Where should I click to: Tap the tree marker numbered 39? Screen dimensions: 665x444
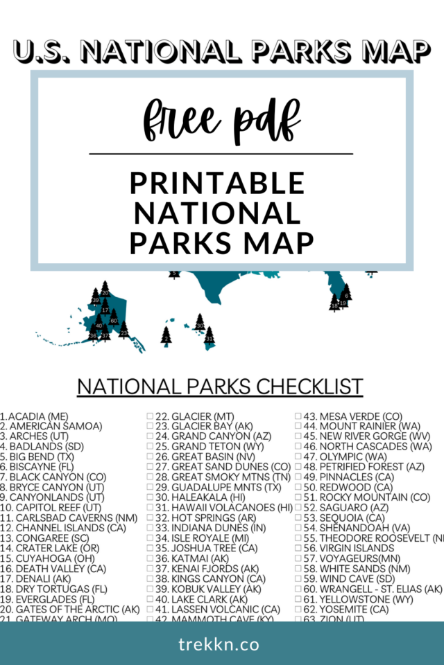96,299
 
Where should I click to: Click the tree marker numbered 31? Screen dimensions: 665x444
209,337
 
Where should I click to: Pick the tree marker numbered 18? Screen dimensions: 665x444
334,303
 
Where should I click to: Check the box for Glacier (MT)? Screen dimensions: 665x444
149,417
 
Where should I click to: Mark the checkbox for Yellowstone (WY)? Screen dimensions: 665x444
298,599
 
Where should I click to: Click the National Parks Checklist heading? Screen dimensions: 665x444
220,387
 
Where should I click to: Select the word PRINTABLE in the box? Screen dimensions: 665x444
218,183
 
